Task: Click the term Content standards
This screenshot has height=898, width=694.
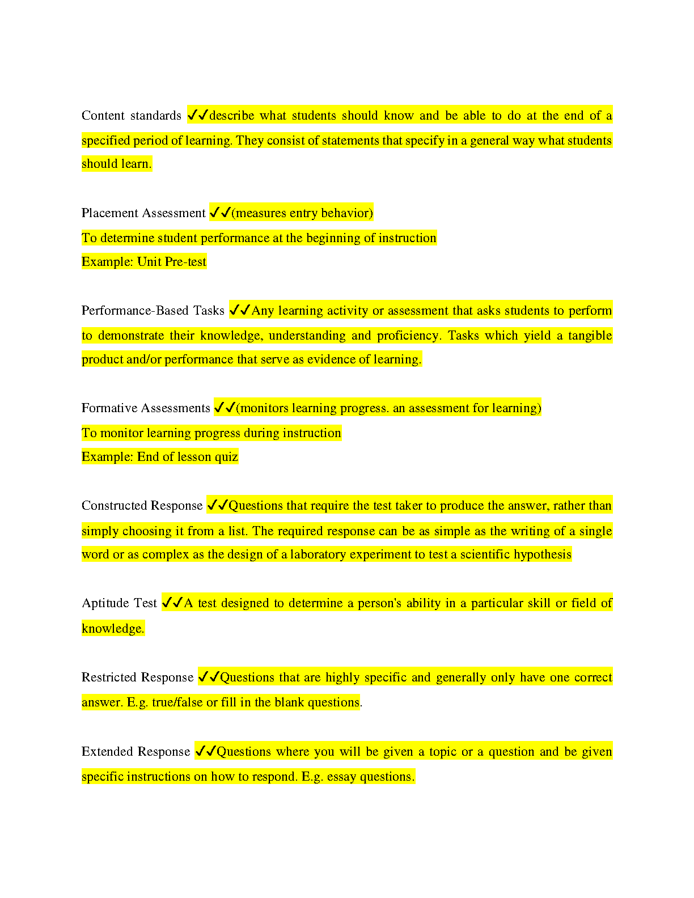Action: [x=131, y=116]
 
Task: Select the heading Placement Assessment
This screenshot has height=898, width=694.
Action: [x=143, y=213]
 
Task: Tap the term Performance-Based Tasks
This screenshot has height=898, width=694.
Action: [x=153, y=311]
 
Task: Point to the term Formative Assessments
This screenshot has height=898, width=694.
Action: [x=146, y=408]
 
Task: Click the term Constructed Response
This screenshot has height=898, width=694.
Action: [x=142, y=506]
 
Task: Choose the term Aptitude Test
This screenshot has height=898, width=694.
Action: [x=119, y=603]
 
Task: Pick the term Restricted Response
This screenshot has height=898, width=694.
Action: [x=137, y=677]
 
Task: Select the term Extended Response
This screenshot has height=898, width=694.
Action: [x=136, y=752]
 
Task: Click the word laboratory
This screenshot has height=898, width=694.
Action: [x=318, y=554]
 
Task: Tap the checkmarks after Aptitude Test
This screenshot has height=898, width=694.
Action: [x=172, y=603]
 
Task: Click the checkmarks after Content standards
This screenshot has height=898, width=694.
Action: [x=198, y=115]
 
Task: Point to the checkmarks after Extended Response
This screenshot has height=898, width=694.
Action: [x=205, y=751]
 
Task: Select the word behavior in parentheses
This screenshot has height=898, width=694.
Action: [x=346, y=213]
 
